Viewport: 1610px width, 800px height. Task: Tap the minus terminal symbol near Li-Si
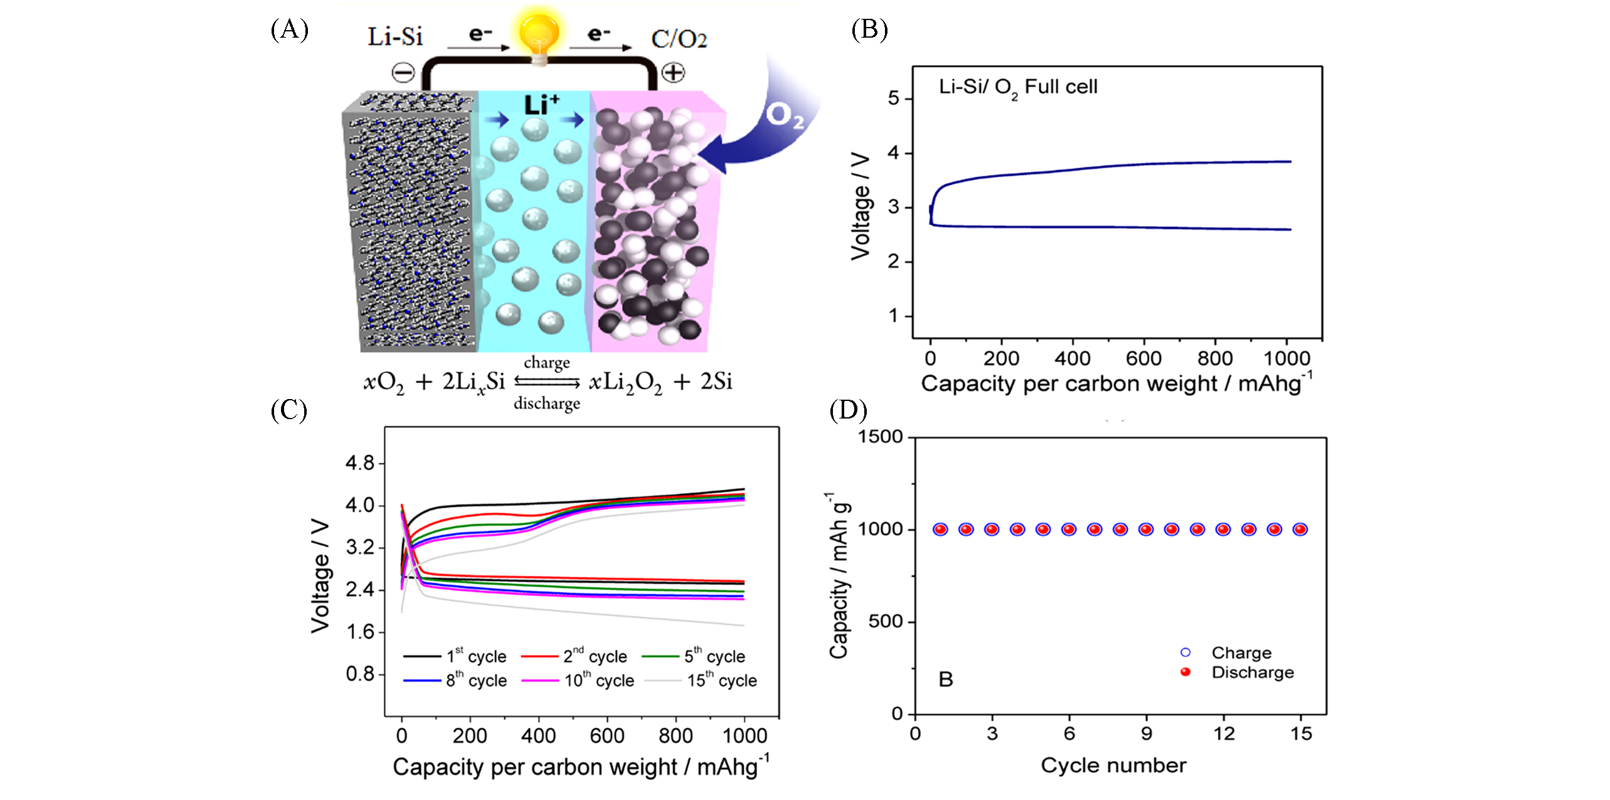click(403, 73)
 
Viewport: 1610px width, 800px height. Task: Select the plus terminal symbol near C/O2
click(674, 73)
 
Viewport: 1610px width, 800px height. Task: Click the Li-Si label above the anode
click(395, 37)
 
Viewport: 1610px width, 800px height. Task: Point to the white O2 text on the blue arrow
click(785, 115)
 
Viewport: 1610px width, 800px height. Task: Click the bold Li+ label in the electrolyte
click(541, 105)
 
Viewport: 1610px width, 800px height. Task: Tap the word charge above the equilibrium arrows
click(547, 363)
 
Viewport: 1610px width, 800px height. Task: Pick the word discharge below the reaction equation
click(547, 403)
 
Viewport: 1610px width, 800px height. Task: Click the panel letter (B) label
click(869, 29)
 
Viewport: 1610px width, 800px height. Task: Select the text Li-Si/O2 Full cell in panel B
click(1017, 87)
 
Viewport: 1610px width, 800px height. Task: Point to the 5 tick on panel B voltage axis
click(893, 99)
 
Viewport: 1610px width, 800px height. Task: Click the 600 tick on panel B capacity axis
click(1143, 358)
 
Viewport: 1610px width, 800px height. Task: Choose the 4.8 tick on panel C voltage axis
click(359, 463)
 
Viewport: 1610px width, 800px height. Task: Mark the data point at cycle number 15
click(1300, 530)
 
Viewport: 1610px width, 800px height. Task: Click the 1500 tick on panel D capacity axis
click(880, 437)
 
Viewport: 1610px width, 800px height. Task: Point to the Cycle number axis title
click(1113, 765)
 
